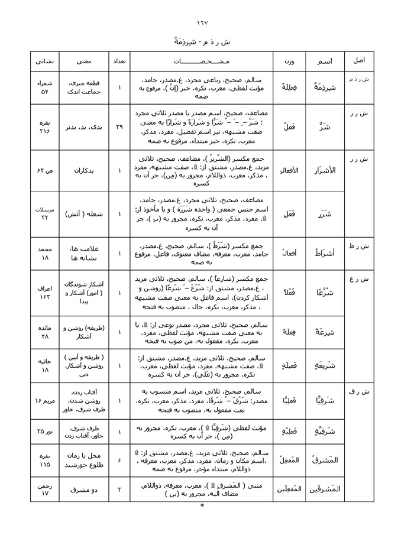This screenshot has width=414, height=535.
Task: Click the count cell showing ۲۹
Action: pos(119,127)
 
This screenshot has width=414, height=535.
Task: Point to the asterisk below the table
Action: pos(202,507)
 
